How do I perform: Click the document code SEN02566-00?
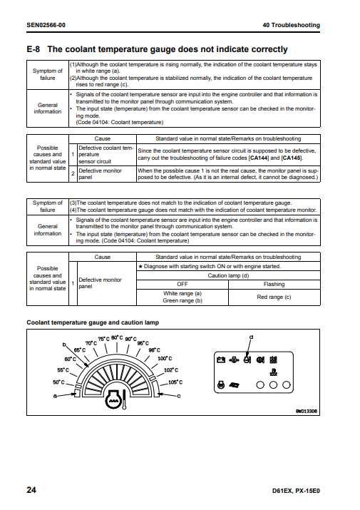(x=46, y=25)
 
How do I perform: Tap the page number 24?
(x=31, y=490)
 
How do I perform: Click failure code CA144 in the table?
(x=259, y=158)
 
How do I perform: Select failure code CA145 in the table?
(x=292, y=158)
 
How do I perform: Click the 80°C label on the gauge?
(x=117, y=337)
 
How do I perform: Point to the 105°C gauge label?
(x=175, y=382)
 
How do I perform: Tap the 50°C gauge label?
(x=59, y=382)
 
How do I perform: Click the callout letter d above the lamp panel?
(x=251, y=337)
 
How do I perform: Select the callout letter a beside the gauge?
(x=55, y=396)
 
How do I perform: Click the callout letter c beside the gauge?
(x=178, y=396)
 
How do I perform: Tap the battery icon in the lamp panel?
(x=221, y=359)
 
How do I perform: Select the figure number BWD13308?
(x=306, y=411)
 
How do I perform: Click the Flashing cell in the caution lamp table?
(x=274, y=285)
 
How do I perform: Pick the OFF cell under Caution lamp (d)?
(x=182, y=285)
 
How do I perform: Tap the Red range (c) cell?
(x=274, y=297)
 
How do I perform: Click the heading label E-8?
(x=34, y=49)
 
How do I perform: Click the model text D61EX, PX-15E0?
(x=296, y=491)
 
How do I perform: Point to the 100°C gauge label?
(x=165, y=359)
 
